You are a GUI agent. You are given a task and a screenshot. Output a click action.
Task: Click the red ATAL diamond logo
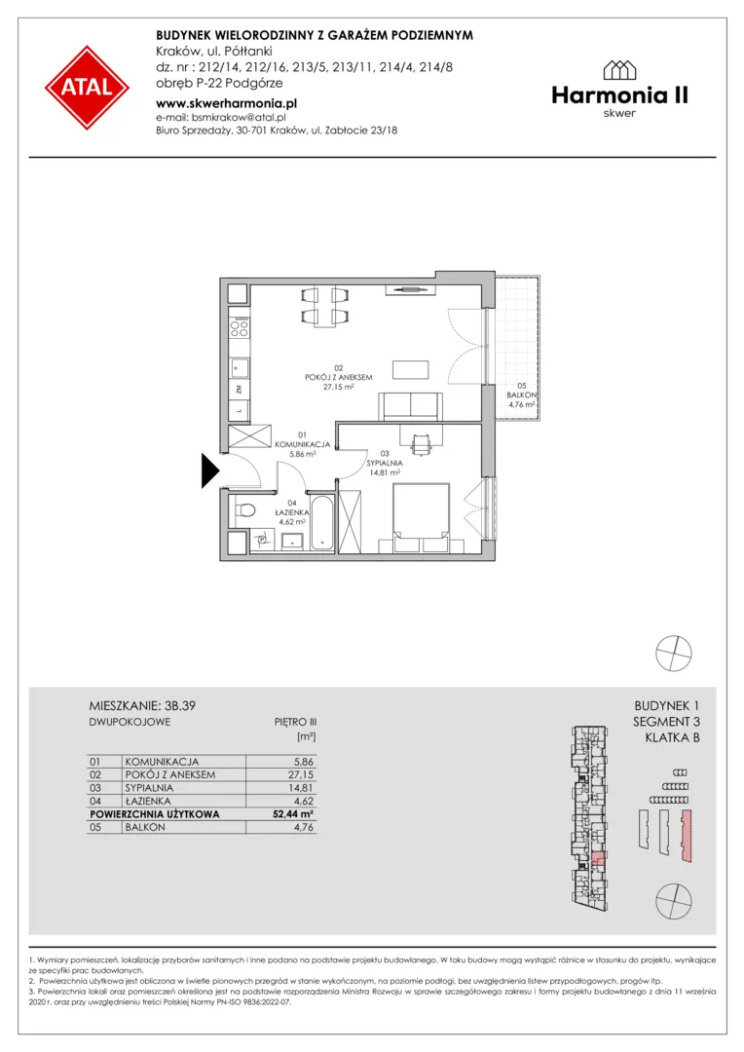(88, 88)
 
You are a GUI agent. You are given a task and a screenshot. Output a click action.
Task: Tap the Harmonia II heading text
(620, 95)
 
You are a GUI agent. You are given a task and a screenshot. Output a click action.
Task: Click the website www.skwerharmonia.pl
(226, 103)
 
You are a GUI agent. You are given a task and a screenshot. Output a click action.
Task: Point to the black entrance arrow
(210, 470)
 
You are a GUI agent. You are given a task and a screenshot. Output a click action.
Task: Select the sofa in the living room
(411, 406)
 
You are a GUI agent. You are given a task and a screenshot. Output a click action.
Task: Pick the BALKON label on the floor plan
(521, 395)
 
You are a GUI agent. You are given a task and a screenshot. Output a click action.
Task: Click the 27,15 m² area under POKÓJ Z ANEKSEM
(338, 387)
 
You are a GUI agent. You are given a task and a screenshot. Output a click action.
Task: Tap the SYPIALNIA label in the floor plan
(385, 463)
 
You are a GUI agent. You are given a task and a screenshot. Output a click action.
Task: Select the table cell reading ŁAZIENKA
(148, 801)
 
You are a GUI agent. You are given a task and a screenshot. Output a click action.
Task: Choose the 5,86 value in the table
(303, 762)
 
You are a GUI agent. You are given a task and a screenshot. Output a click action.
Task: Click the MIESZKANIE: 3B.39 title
(142, 705)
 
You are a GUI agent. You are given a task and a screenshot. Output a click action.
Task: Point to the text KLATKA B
(672, 737)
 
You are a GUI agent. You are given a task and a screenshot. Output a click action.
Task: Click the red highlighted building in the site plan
(686, 836)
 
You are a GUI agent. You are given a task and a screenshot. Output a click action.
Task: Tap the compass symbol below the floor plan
(674, 653)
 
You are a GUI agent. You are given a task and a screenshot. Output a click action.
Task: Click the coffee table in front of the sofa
(411, 370)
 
